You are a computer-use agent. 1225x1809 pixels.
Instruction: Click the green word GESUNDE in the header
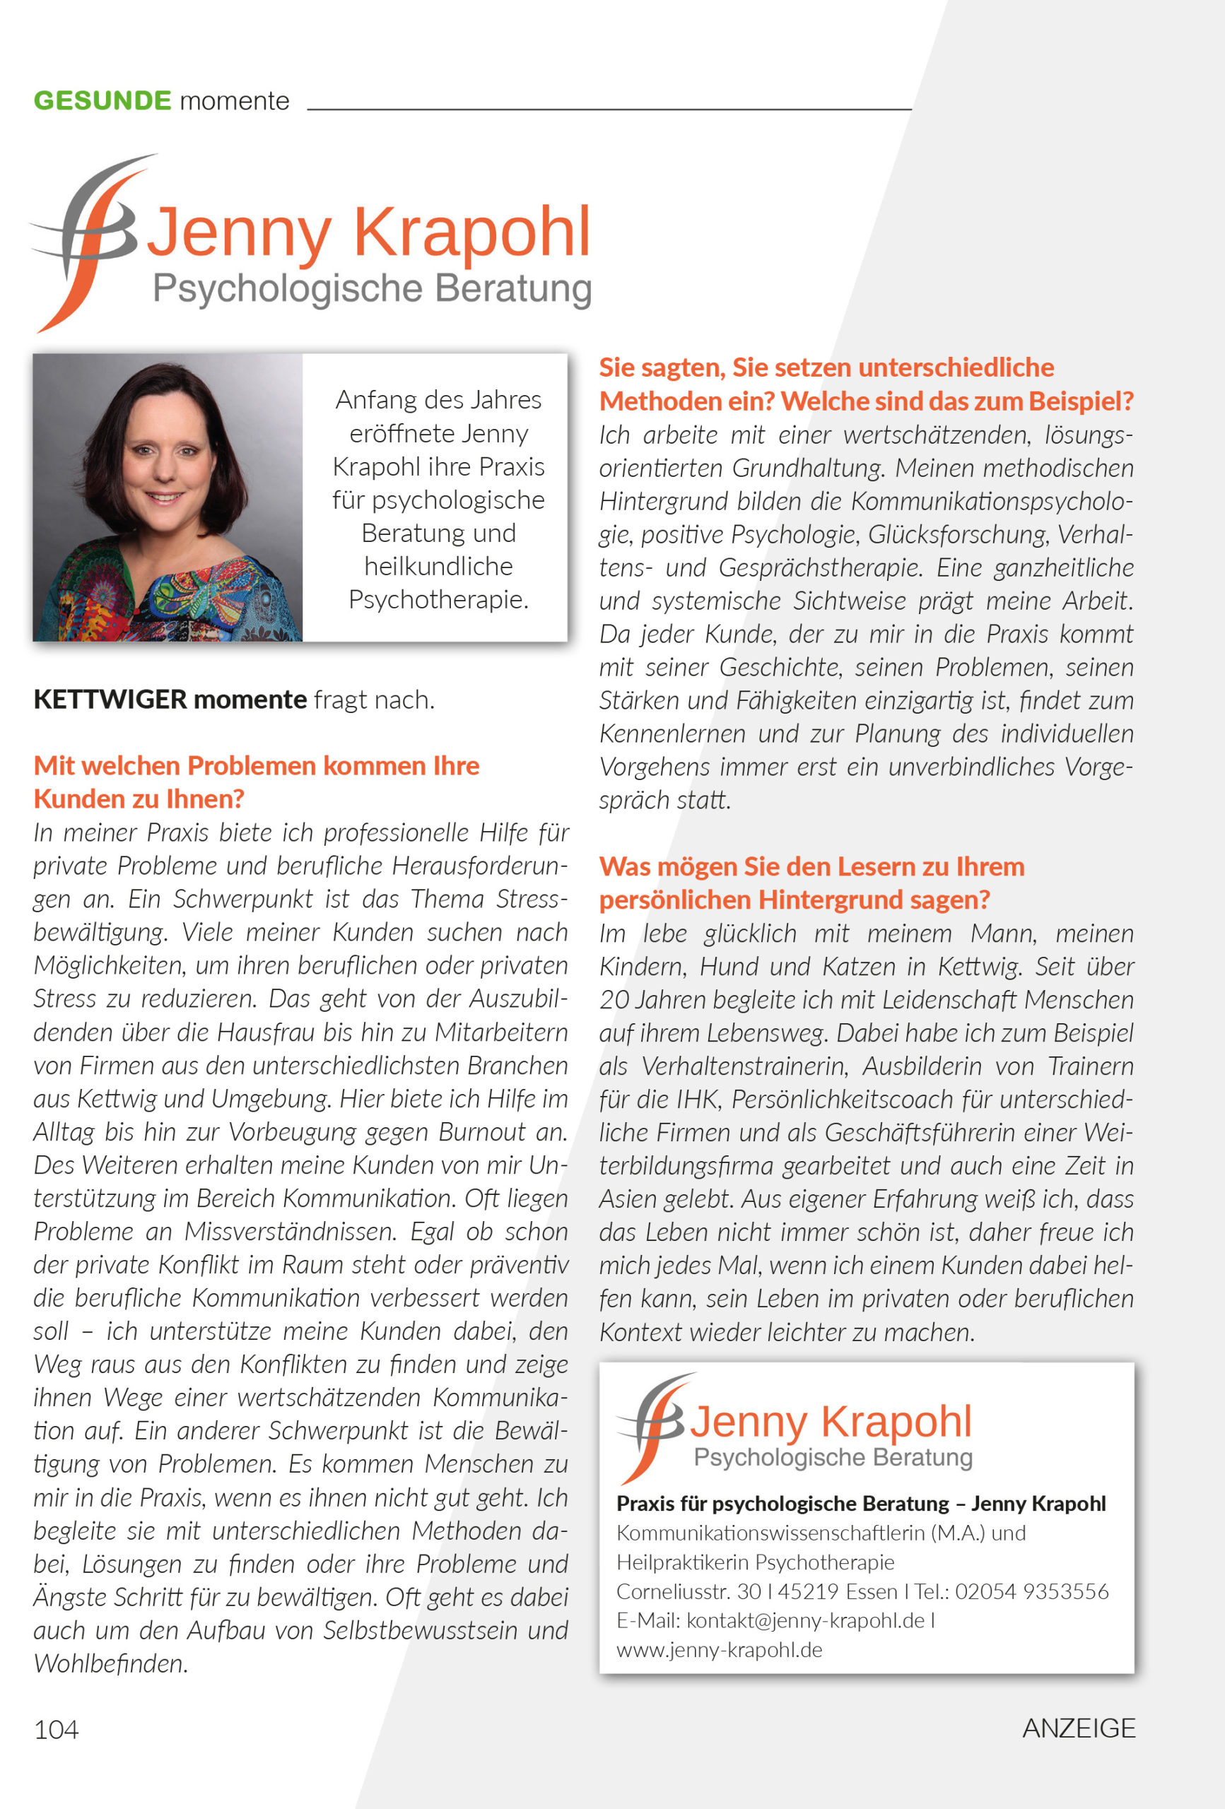pos(102,100)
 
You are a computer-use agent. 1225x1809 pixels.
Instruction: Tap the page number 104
pos(56,1729)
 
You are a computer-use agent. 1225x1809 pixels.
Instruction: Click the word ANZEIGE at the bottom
pos(1078,1728)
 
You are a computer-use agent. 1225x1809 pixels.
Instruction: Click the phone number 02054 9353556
pos(1031,1591)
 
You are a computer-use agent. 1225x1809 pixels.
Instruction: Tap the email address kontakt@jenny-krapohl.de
pos(804,1620)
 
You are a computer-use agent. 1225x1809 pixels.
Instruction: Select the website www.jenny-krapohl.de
pos(719,1649)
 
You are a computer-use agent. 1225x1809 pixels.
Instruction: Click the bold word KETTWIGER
pos(110,699)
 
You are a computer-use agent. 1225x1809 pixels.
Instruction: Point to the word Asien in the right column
pos(627,1198)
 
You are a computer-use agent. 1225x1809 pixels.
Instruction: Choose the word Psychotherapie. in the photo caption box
pos(438,599)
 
